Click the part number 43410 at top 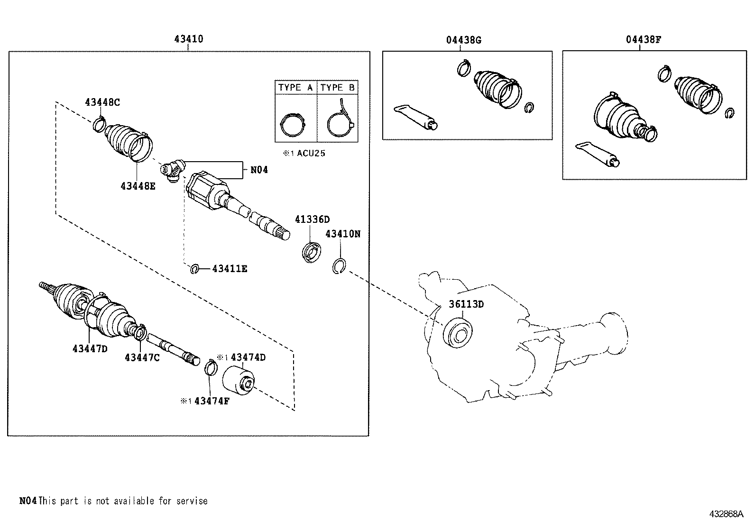tap(189, 39)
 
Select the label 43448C tap(102, 102)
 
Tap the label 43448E tap(138, 186)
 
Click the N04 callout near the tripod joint tap(259, 170)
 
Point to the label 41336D tap(312, 219)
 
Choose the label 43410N tap(343, 234)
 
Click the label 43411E tap(230, 269)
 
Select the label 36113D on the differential tap(467, 304)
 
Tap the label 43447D tap(90, 348)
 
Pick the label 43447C tap(142, 357)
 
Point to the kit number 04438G tap(463, 40)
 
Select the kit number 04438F tap(643, 40)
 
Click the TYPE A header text tap(295, 88)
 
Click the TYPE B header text tap(337, 88)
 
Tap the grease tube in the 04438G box tap(415, 117)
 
